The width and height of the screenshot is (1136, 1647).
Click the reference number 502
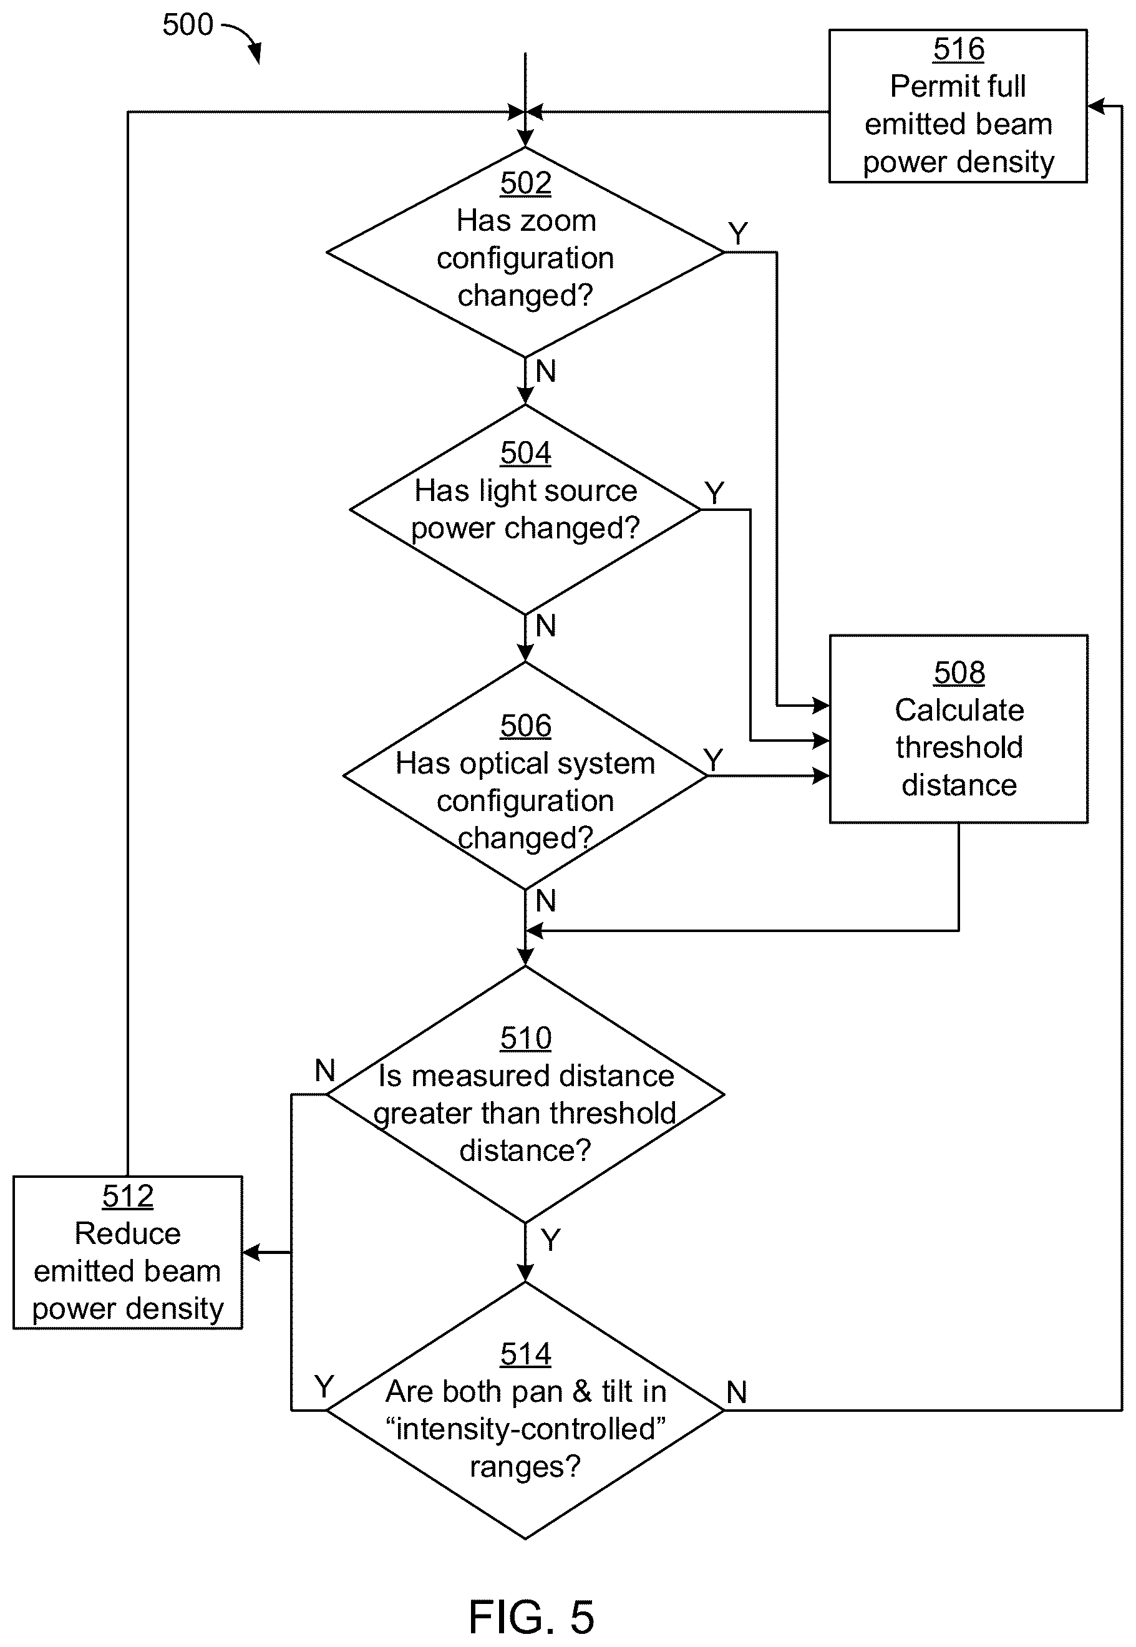point(525,183)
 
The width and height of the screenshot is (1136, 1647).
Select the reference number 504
point(525,453)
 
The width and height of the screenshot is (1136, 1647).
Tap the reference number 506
point(525,726)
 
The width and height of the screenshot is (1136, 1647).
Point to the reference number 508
point(959,673)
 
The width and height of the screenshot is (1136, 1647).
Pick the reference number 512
point(127,1197)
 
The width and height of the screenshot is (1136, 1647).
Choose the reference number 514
point(525,1354)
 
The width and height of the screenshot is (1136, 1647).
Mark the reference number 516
point(959,49)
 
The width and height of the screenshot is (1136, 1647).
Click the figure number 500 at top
point(187,25)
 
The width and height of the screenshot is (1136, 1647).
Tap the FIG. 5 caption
point(531,1616)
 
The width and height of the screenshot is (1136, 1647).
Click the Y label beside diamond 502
point(738,233)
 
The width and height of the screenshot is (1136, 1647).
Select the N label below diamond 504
point(545,626)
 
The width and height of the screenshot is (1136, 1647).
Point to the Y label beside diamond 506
point(713,759)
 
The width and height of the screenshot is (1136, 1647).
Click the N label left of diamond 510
point(324,1070)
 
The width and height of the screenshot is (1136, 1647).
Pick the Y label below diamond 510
point(550,1240)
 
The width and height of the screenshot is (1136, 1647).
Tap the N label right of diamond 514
point(737,1392)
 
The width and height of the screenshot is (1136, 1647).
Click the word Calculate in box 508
point(959,709)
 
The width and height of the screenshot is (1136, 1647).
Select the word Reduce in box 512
point(127,1233)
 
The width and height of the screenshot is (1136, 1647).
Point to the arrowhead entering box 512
point(251,1252)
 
